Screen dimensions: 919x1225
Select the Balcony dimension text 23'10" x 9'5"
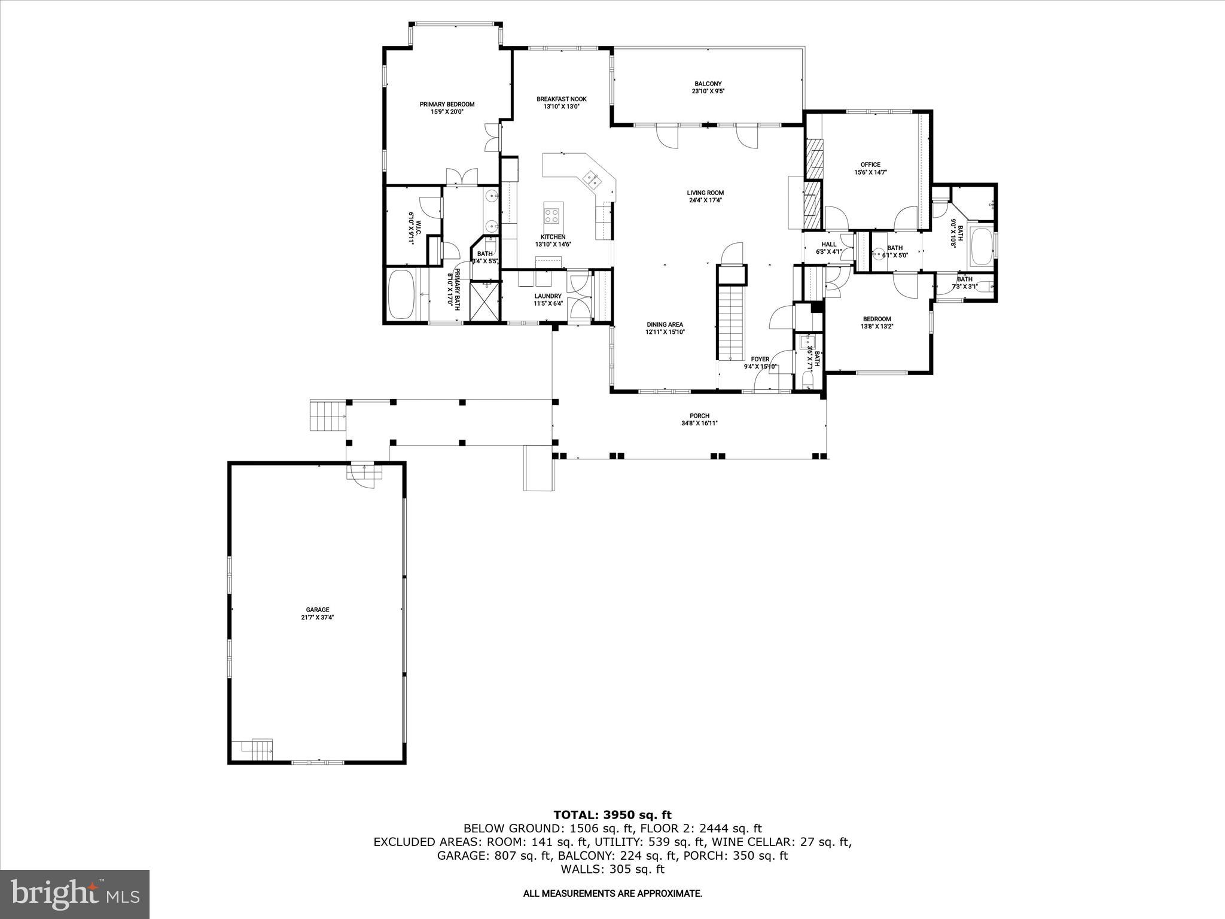tap(708, 92)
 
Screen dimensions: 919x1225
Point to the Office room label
tap(870, 165)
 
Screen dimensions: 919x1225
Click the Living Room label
tap(705, 193)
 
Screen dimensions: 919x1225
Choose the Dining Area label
tap(665, 325)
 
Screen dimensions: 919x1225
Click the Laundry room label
tap(548, 296)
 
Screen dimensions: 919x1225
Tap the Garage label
tap(317, 610)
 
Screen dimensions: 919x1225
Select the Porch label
tap(699, 416)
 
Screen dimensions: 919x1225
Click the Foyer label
tap(760, 359)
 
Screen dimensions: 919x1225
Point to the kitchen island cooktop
tap(553, 212)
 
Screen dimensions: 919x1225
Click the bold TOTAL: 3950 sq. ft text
tap(612, 815)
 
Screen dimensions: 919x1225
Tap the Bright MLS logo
tap(75, 894)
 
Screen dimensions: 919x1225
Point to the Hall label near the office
tap(828, 244)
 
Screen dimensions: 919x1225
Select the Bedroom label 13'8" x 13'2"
tap(876, 319)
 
